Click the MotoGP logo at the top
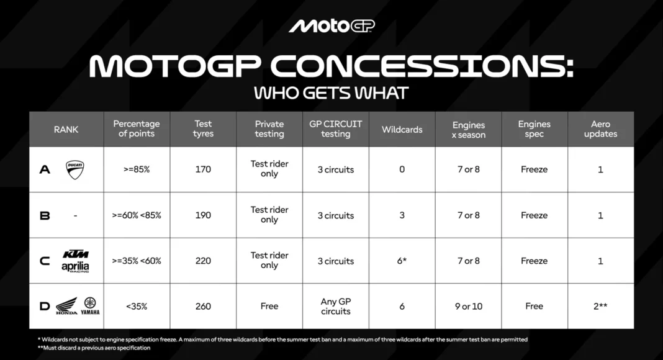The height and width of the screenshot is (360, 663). tap(331, 26)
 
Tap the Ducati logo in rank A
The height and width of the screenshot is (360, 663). tap(75, 169)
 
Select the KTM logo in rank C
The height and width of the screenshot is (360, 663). tap(76, 254)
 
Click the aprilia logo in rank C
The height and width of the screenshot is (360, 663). tap(75, 267)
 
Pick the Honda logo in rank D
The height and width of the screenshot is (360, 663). tap(67, 306)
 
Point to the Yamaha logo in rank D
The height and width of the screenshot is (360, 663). tap(90, 306)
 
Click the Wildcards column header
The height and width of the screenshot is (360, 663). tap(402, 130)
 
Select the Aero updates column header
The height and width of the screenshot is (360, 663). tap(600, 129)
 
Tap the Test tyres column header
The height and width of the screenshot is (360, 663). tap(203, 129)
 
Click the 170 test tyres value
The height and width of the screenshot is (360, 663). tap(203, 169)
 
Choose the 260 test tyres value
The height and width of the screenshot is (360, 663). tap(203, 307)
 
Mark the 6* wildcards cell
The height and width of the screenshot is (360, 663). tap(402, 261)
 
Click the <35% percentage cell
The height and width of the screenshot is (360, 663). tap(137, 307)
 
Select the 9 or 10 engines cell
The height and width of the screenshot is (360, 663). tap(469, 307)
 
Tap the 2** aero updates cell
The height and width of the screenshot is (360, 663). tap(600, 307)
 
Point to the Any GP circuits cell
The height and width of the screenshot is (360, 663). tap(336, 307)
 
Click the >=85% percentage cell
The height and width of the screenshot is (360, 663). tap(137, 169)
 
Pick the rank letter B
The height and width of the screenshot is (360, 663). tap(45, 216)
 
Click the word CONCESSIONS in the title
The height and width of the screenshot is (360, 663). tap(422, 67)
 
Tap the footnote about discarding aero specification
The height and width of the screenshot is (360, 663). tap(94, 348)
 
